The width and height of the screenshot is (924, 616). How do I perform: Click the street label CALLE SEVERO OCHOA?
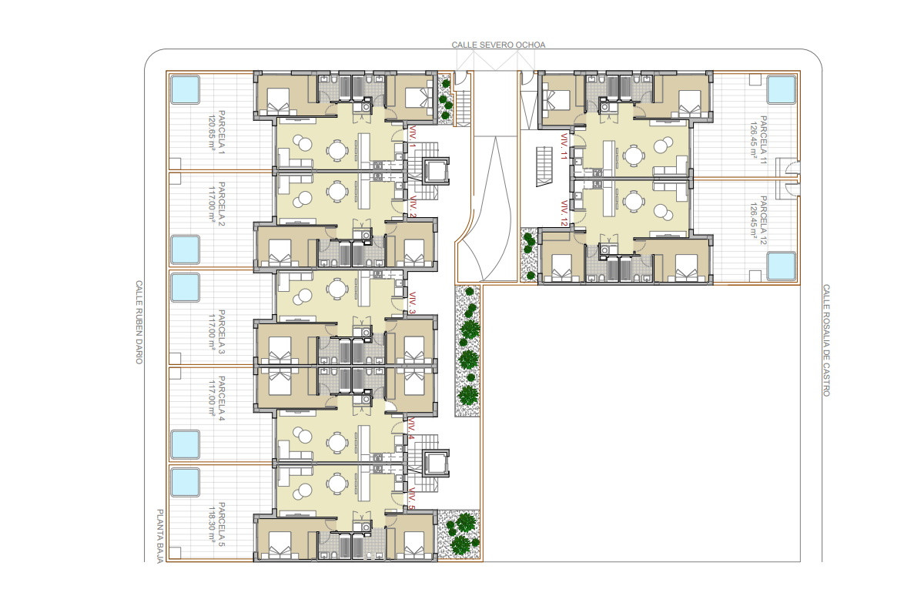pyautogui.click(x=498, y=45)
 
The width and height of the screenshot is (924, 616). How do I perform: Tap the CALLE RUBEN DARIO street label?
pyautogui.click(x=139, y=322)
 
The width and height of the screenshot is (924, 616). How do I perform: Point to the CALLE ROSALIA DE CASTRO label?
pyautogui.click(x=826, y=340)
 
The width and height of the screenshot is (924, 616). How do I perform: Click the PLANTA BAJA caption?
pyautogui.click(x=160, y=536)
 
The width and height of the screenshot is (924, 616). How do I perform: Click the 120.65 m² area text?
pyautogui.click(x=212, y=131)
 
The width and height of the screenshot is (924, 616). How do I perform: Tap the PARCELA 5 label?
pyautogui.click(x=222, y=524)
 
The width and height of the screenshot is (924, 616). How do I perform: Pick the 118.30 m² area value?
pyautogui.click(x=212, y=524)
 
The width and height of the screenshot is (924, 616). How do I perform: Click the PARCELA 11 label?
pyautogui.click(x=764, y=140)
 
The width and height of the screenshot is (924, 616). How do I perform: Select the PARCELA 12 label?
pyautogui.click(x=764, y=220)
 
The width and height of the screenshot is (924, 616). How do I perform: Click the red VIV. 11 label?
pyautogui.click(x=564, y=146)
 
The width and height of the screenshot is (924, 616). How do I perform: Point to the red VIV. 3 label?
pyautogui.click(x=413, y=303)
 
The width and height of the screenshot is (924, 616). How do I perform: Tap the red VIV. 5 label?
pyautogui.click(x=413, y=498)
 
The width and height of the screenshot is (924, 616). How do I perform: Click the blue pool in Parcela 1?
pyautogui.click(x=186, y=89)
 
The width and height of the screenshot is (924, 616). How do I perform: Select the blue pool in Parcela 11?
pyautogui.click(x=782, y=89)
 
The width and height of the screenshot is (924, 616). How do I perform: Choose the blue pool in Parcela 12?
pyautogui.click(x=782, y=266)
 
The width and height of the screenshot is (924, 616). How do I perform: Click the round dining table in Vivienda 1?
pyautogui.click(x=337, y=150)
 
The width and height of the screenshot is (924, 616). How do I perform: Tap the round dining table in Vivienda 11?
pyautogui.click(x=632, y=155)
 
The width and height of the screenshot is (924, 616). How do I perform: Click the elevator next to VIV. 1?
pyautogui.click(x=437, y=170)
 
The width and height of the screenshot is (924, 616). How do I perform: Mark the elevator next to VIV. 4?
pyautogui.click(x=437, y=463)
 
